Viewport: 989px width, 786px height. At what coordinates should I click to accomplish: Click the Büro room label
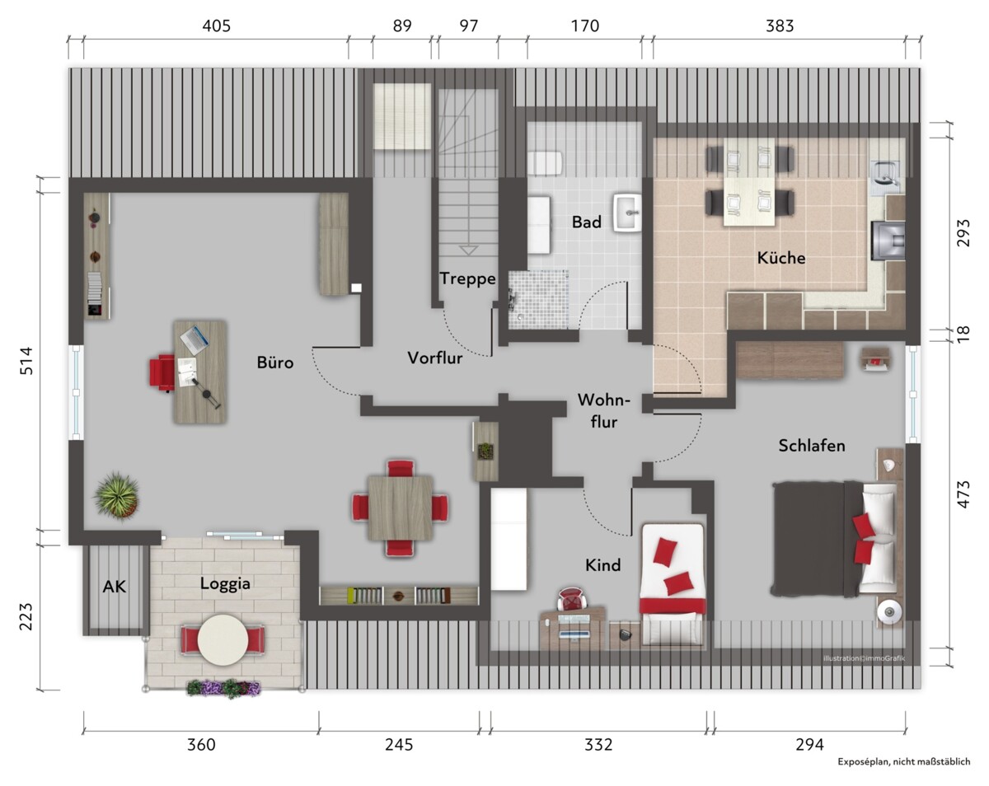[x=274, y=363]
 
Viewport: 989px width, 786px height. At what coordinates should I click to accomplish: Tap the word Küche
[x=780, y=257]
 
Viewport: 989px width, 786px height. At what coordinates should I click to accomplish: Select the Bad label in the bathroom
[x=587, y=222]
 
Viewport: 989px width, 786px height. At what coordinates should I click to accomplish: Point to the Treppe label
[x=467, y=278]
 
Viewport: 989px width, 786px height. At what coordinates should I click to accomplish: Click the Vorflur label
[x=435, y=358]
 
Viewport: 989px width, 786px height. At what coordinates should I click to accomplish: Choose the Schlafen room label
[x=812, y=445]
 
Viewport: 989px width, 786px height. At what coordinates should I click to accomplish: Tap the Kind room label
[x=602, y=564]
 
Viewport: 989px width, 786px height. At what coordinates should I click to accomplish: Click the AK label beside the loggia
[x=114, y=587]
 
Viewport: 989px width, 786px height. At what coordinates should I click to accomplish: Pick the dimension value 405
[x=216, y=26]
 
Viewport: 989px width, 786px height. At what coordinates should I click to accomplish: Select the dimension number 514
[x=26, y=361]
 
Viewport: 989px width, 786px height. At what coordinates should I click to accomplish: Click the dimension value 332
[x=598, y=745]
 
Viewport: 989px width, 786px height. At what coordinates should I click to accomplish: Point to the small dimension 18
[x=963, y=334]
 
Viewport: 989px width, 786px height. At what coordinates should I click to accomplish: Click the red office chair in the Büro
[x=162, y=372]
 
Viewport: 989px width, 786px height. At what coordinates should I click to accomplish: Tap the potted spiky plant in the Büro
[x=116, y=497]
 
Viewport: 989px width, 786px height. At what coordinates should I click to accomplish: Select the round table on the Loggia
[x=223, y=640]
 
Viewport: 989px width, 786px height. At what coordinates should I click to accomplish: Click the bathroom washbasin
[x=627, y=212]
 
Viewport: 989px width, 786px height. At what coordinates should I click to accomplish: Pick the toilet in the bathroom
[x=545, y=163]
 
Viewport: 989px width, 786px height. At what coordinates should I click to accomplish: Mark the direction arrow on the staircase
[x=468, y=250]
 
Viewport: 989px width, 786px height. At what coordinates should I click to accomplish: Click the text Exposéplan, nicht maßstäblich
[x=903, y=761]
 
